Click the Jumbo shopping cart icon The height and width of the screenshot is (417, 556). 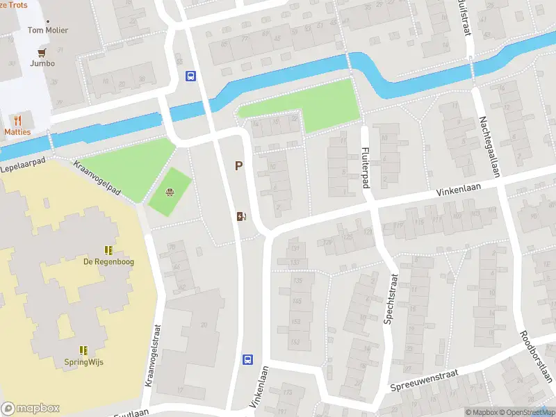[42, 51]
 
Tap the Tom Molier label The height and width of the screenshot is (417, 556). [42, 30]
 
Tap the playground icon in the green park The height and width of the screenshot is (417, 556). [169, 193]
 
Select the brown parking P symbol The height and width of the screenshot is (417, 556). [238, 166]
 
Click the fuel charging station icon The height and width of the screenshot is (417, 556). [241, 216]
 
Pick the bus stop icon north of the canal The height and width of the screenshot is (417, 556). [190, 76]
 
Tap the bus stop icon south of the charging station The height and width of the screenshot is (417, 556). [247, 359]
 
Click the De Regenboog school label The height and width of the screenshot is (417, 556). [108, 261]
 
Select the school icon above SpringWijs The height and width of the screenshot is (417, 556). [83, 350]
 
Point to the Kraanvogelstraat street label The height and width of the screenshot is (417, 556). [153, 356]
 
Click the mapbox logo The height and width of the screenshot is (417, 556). [31, 409]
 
